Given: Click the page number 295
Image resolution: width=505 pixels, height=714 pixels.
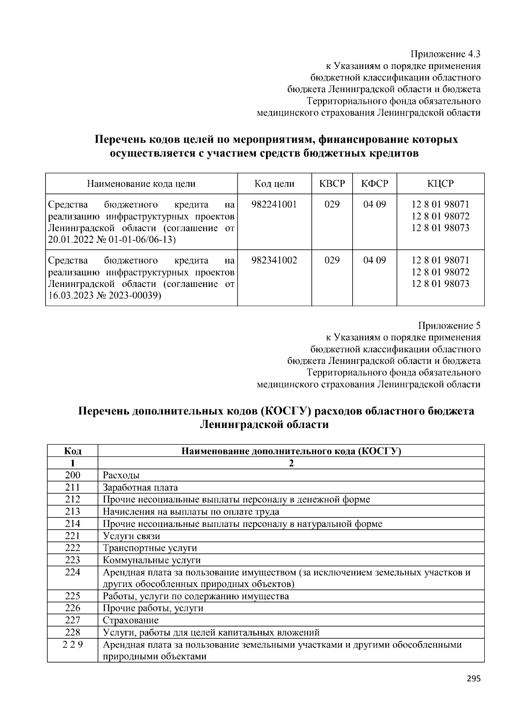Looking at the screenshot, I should [473, 678].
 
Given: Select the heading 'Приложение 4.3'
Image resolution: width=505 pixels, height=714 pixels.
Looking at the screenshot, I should [445, 54].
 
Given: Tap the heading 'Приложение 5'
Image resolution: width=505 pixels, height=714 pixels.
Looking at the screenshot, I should [449, 326].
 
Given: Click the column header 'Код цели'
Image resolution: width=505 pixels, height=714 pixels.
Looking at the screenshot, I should [274, 184].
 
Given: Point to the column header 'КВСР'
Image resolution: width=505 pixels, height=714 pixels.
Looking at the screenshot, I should [332, 184].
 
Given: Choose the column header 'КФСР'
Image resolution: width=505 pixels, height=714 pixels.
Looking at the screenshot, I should [375, 184].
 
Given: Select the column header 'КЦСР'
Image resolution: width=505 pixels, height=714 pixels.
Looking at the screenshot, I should [440, 184].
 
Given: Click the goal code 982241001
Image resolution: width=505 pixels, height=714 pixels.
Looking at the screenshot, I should [274, 204].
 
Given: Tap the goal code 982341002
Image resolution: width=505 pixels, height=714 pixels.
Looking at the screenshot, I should [274, 260].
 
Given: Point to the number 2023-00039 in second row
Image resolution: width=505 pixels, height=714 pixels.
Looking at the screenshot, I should [138, 296].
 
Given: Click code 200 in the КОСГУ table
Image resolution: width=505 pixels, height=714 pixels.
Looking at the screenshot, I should [72, 475].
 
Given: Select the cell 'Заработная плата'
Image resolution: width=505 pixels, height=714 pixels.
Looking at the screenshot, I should [140, 488].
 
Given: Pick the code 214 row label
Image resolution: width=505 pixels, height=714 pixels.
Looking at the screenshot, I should [72, 524].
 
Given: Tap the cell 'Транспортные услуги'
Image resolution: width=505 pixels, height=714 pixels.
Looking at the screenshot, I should [150, 548].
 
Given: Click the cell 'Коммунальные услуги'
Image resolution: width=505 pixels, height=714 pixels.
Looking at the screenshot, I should [151, 560].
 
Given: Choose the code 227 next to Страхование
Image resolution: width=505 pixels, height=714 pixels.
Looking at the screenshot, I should [72, 620].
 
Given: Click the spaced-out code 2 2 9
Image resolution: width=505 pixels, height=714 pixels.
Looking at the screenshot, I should [72, 645].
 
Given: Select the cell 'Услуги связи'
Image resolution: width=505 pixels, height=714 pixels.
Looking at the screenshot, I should [131, 536].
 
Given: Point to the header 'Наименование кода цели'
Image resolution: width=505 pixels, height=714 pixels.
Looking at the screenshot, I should [141, 184].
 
